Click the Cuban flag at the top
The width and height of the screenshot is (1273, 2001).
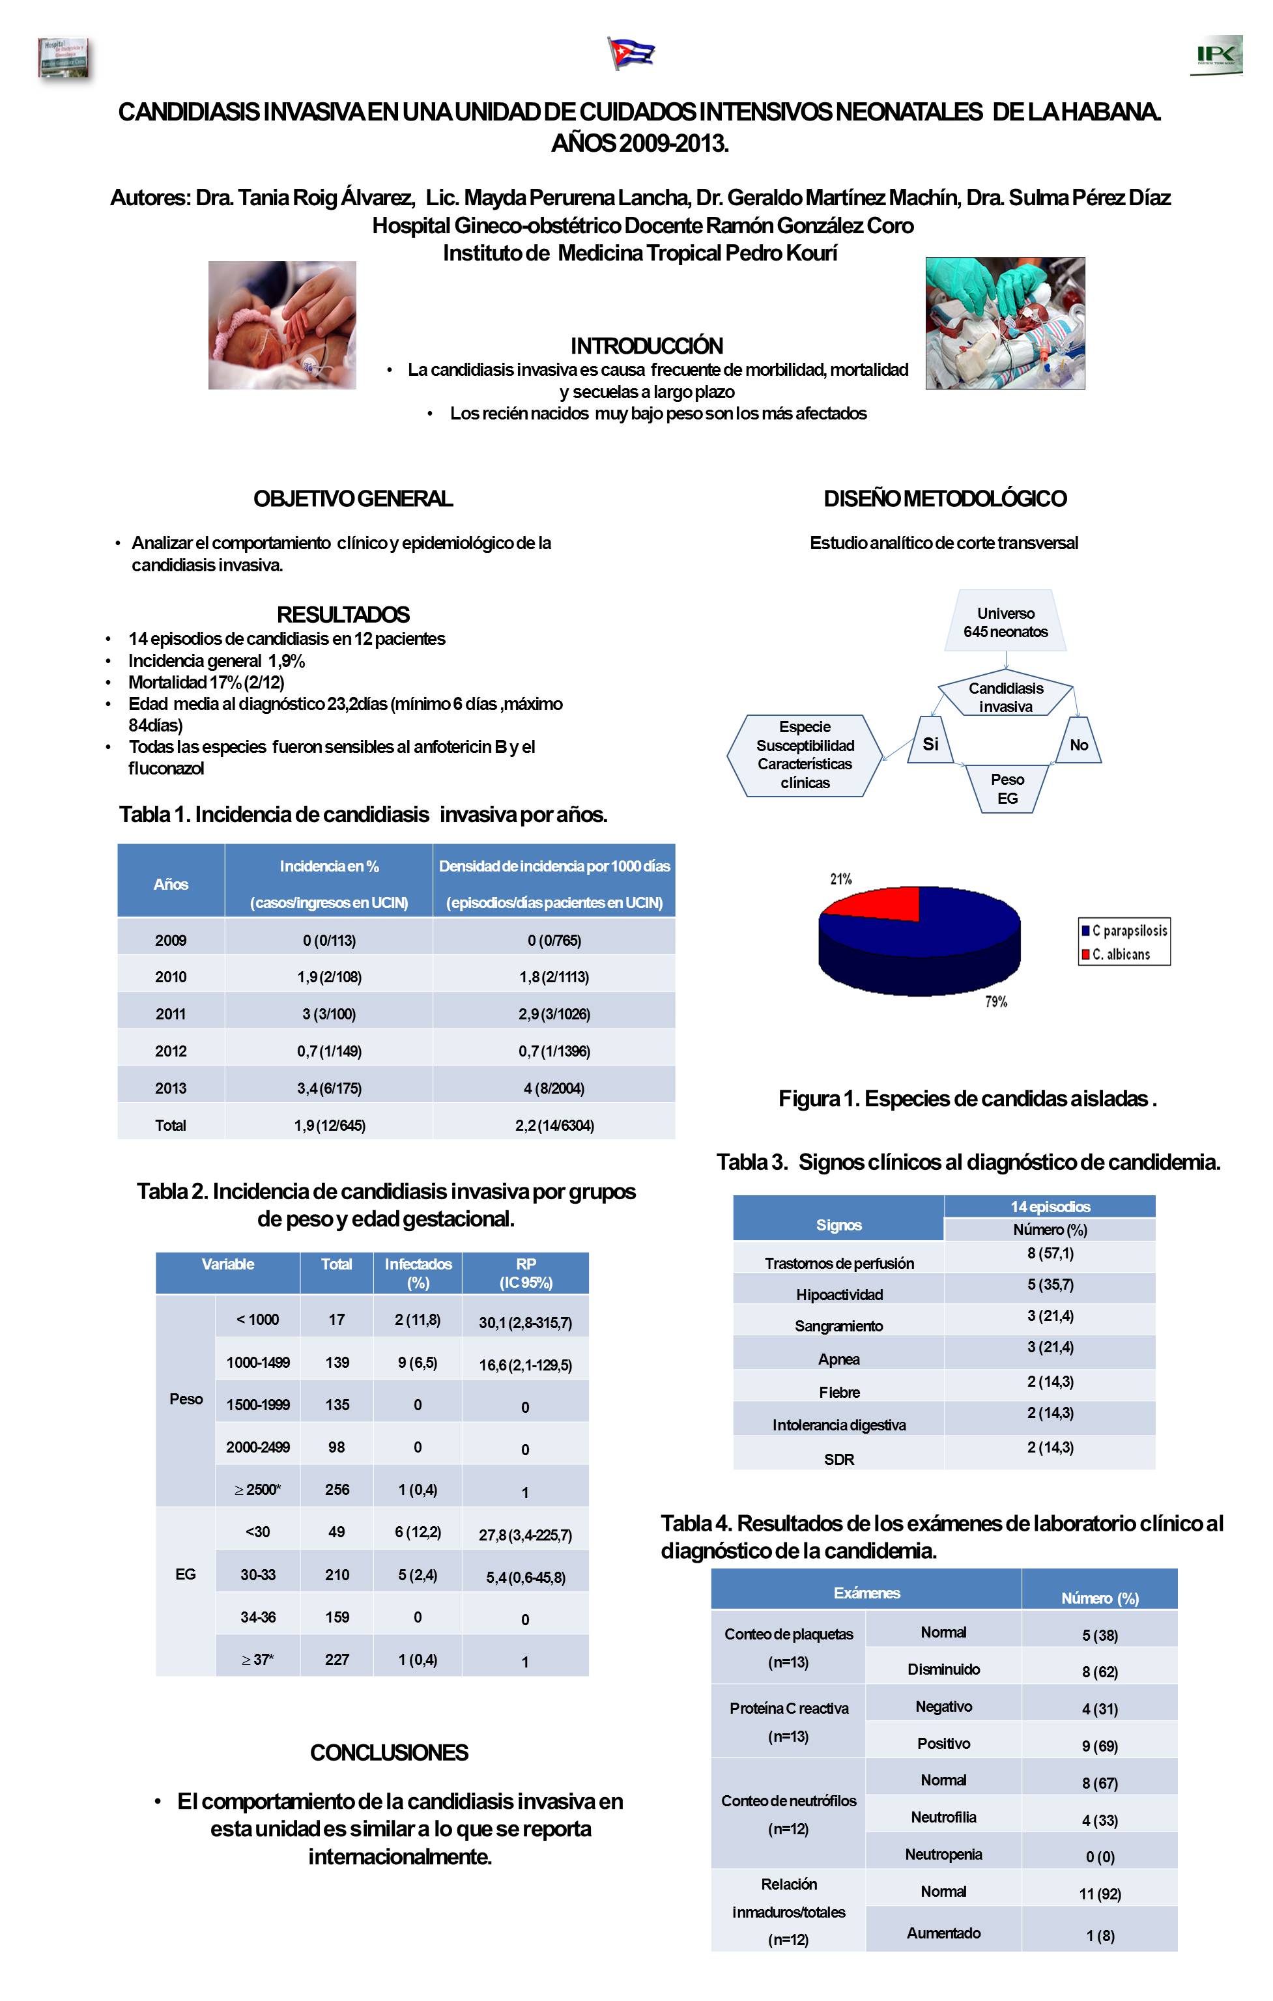click(631, 54)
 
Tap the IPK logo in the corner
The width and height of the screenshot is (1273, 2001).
click(1216, 55)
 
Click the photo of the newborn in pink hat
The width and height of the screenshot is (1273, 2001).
click(281, 325)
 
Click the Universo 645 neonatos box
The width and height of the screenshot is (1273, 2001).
click(1005, 621)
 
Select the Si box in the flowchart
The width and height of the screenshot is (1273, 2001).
click(931, 744)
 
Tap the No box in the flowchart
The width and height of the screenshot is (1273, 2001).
click(1079, 745)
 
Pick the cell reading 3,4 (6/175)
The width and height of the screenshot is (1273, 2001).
click(329, 1088)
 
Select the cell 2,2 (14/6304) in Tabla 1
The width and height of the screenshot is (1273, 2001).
click(554, 1125)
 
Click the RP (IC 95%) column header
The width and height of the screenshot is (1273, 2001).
click(525, 1272)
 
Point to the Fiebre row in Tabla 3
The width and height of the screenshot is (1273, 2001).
click(838, 1392)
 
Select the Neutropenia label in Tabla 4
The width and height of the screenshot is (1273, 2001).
click(943, 1854)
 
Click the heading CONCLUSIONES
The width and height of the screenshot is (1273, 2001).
click(389, 1753)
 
